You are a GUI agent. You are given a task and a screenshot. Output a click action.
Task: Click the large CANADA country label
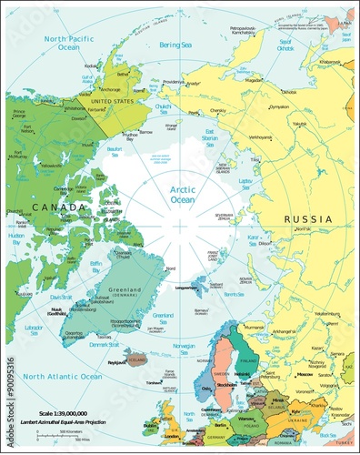pos(48,208)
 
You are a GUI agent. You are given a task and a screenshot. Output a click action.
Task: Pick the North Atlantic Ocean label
pos(63,376)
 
